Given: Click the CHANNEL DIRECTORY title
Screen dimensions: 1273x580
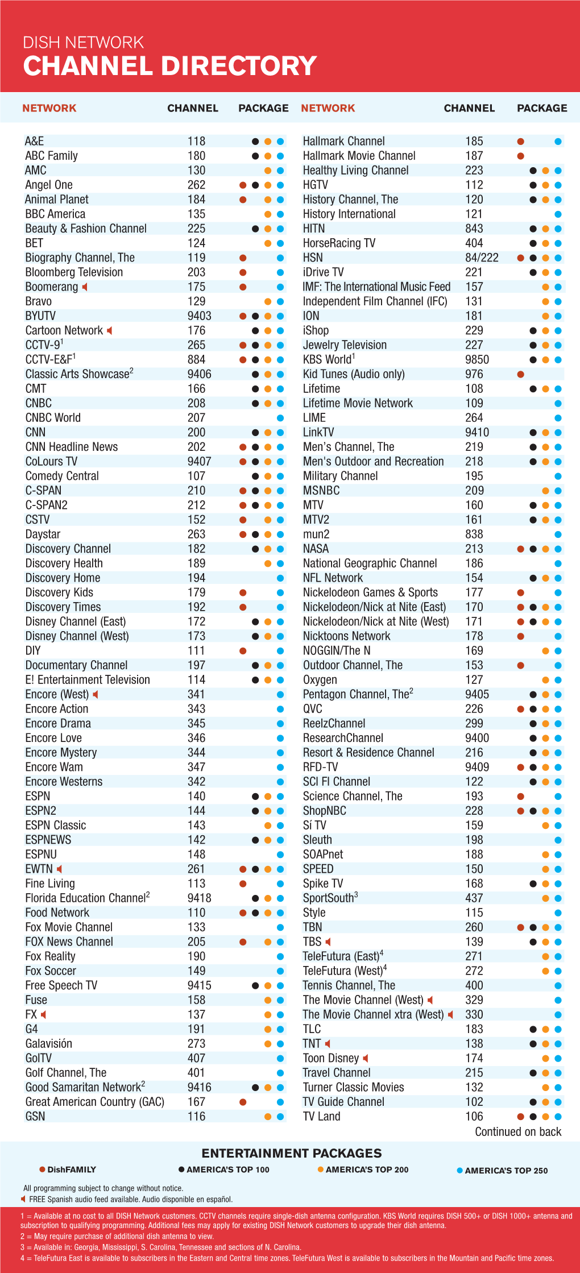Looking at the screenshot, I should (x=169, y=66).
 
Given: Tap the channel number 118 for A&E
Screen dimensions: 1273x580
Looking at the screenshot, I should (x=196, y=141).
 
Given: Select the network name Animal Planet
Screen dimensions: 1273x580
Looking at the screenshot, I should (x=57, y=200).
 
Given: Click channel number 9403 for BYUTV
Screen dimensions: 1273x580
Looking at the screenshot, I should (x=199, y=316).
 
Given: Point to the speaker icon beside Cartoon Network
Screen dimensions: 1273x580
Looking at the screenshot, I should (x=110, y=330).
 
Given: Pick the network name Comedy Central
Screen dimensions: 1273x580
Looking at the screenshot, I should (x=62, y=476).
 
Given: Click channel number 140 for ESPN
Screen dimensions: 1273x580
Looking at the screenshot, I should (x=196, y=797).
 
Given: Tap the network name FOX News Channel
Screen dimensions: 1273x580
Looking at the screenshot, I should (x=69, y=942).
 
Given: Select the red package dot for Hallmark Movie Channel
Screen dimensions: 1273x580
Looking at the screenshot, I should (x=520, y=156).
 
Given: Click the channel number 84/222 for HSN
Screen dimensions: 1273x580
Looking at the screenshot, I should (x=482, y=258).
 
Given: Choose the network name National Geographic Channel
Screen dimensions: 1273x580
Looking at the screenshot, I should (x=370, y=563).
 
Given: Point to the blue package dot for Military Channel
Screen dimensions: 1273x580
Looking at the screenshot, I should (x=558, y=476).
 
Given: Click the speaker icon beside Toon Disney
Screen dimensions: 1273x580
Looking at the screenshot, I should (x=366, y=1058).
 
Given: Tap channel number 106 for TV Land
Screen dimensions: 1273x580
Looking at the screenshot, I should (x=474, y=1117).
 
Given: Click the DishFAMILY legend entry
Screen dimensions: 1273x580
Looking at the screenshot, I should (x=68, y=1170).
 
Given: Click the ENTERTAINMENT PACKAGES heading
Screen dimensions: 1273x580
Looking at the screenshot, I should (x=292, y=1153).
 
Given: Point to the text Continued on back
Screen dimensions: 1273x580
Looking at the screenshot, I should (x=518, y=1131).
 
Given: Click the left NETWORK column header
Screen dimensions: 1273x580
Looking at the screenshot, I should (x=49, y=108).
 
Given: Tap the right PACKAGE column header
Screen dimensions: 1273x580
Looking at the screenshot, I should (x=542, y=108).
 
